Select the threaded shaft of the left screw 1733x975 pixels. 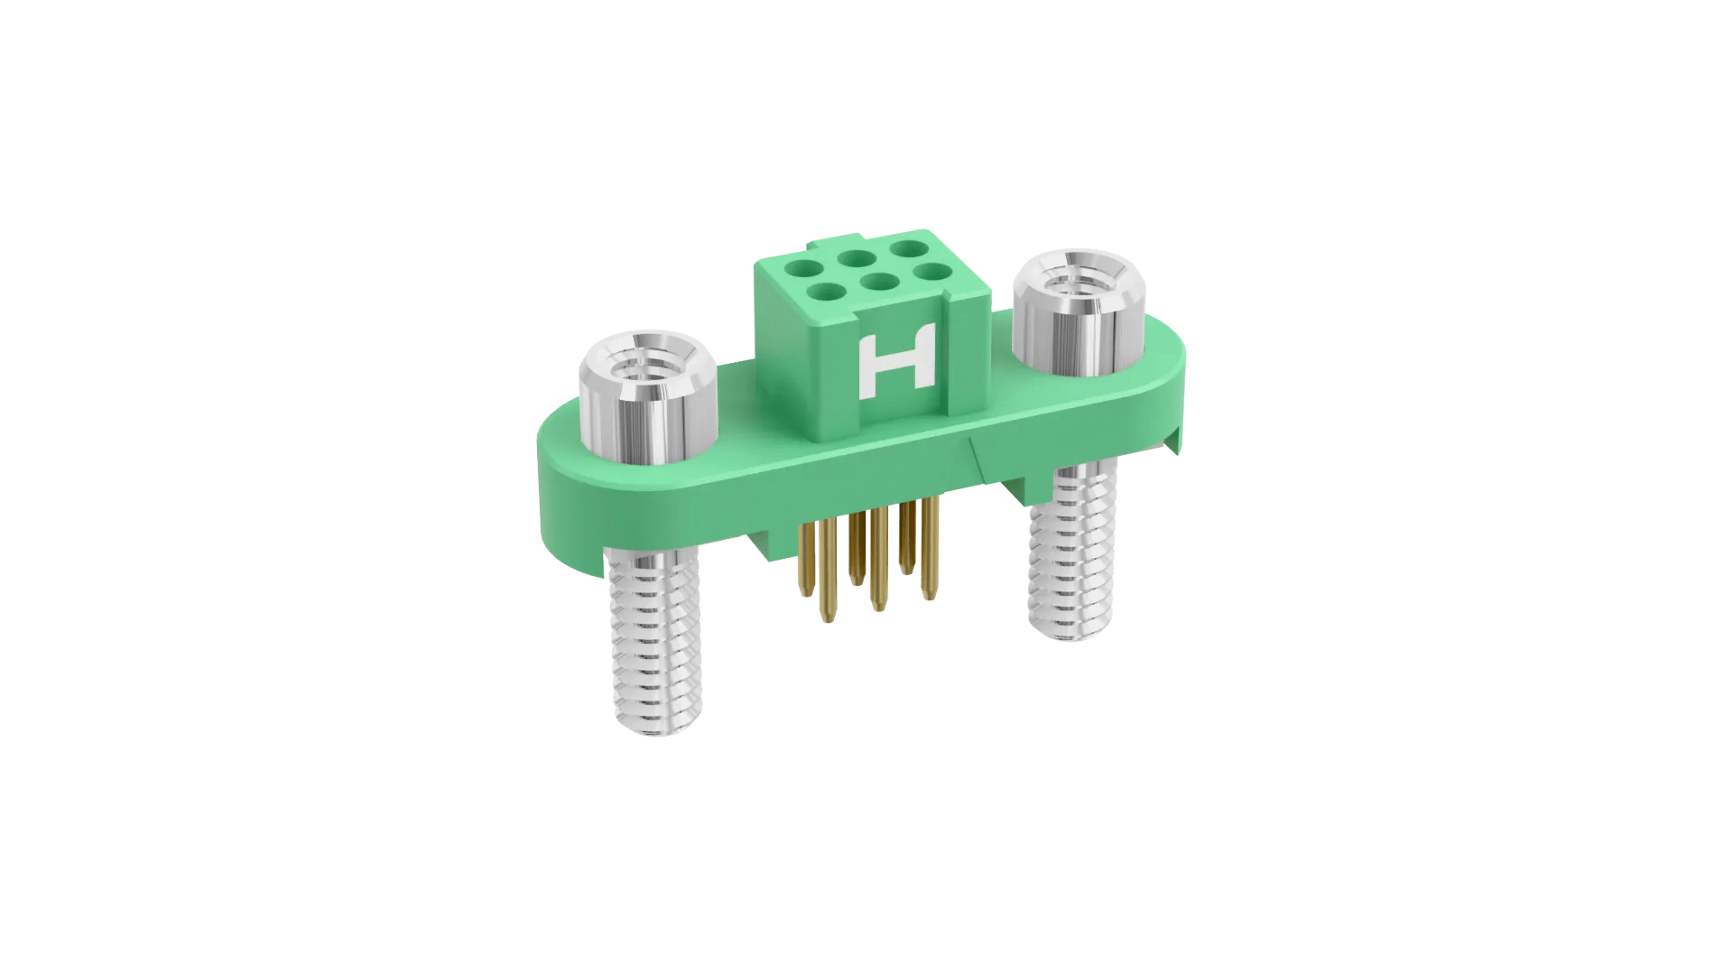pyautogui.click(x=656, y=643)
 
